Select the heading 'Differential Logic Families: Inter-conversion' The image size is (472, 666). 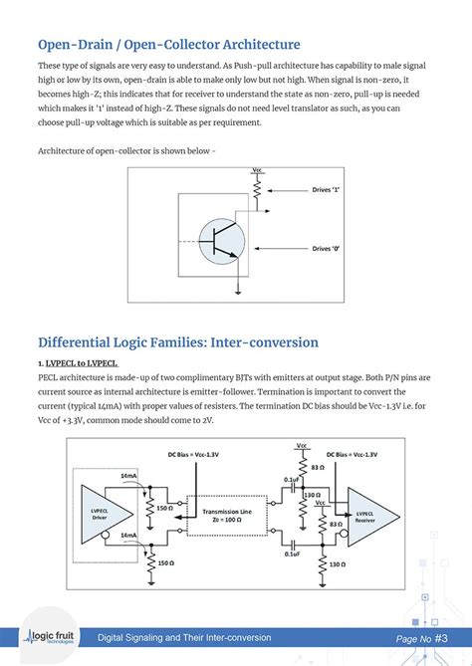[177, 342]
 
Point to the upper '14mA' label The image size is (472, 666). [129, 477]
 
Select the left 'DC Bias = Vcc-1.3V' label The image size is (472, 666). [195, 455]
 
